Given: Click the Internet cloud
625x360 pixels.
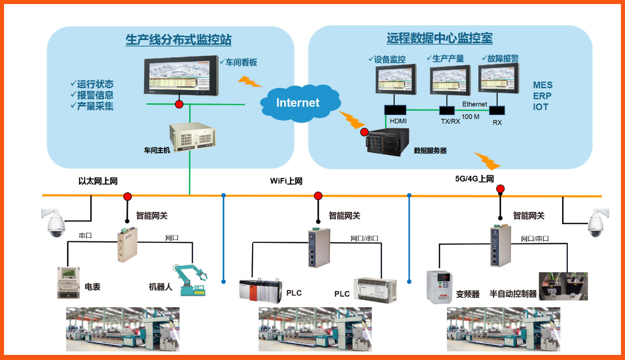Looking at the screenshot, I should [x=298, y=103].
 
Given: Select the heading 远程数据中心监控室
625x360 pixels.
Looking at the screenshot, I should [x=439, y=38].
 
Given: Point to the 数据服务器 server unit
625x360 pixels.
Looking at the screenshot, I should [x=387, y=142].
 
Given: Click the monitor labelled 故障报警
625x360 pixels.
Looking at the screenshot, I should [x=499, y=79].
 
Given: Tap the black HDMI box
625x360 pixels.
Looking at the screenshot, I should [x=395, y=110].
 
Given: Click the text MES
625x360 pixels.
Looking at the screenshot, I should [x=543, y=85].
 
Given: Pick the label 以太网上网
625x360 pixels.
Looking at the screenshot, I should [x=98, y=181].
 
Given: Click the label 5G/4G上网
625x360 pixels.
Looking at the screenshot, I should [x=474, y=178].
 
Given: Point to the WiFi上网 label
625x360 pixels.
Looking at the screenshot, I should [x=286, y=181].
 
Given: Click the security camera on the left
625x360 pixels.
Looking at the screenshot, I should [x=54, y=223].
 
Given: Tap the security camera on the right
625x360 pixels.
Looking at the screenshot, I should [x=597, y=224].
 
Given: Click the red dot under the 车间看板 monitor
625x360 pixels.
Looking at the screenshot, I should [x=179, y=104].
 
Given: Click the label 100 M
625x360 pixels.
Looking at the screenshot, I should [x=471, y=117].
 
